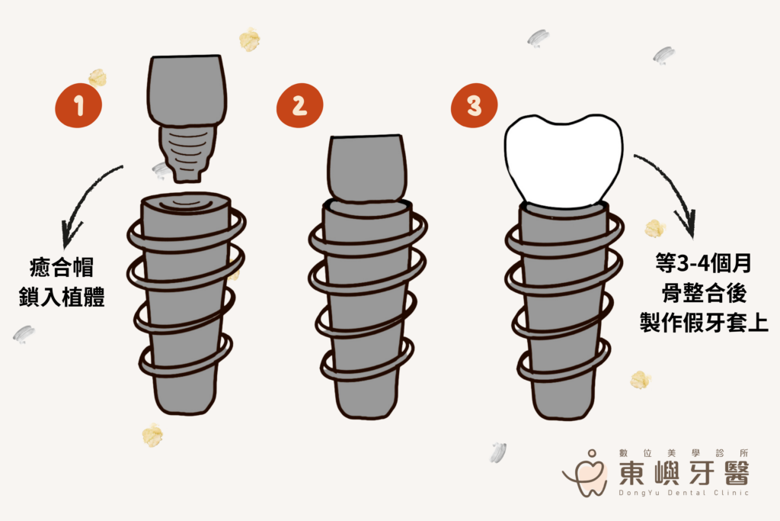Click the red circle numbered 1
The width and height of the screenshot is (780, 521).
[78, 105]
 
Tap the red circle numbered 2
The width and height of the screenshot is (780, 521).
[299, 105]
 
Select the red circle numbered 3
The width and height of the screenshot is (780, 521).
[474, 105]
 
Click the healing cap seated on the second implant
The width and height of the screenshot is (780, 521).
[367, 169]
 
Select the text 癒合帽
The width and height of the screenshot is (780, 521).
[62, 267]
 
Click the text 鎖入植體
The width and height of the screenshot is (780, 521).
[62, 297]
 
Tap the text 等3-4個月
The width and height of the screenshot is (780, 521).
[703, 263]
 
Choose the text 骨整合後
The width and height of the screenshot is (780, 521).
[704, 292]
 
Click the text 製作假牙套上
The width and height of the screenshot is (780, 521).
[704, 322]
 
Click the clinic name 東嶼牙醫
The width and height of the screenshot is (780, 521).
[684, 472]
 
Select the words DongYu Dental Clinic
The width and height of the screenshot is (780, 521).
[683, 493]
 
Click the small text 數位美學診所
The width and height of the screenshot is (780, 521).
[683, 453]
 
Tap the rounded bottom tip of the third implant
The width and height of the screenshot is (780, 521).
[563, 416]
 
